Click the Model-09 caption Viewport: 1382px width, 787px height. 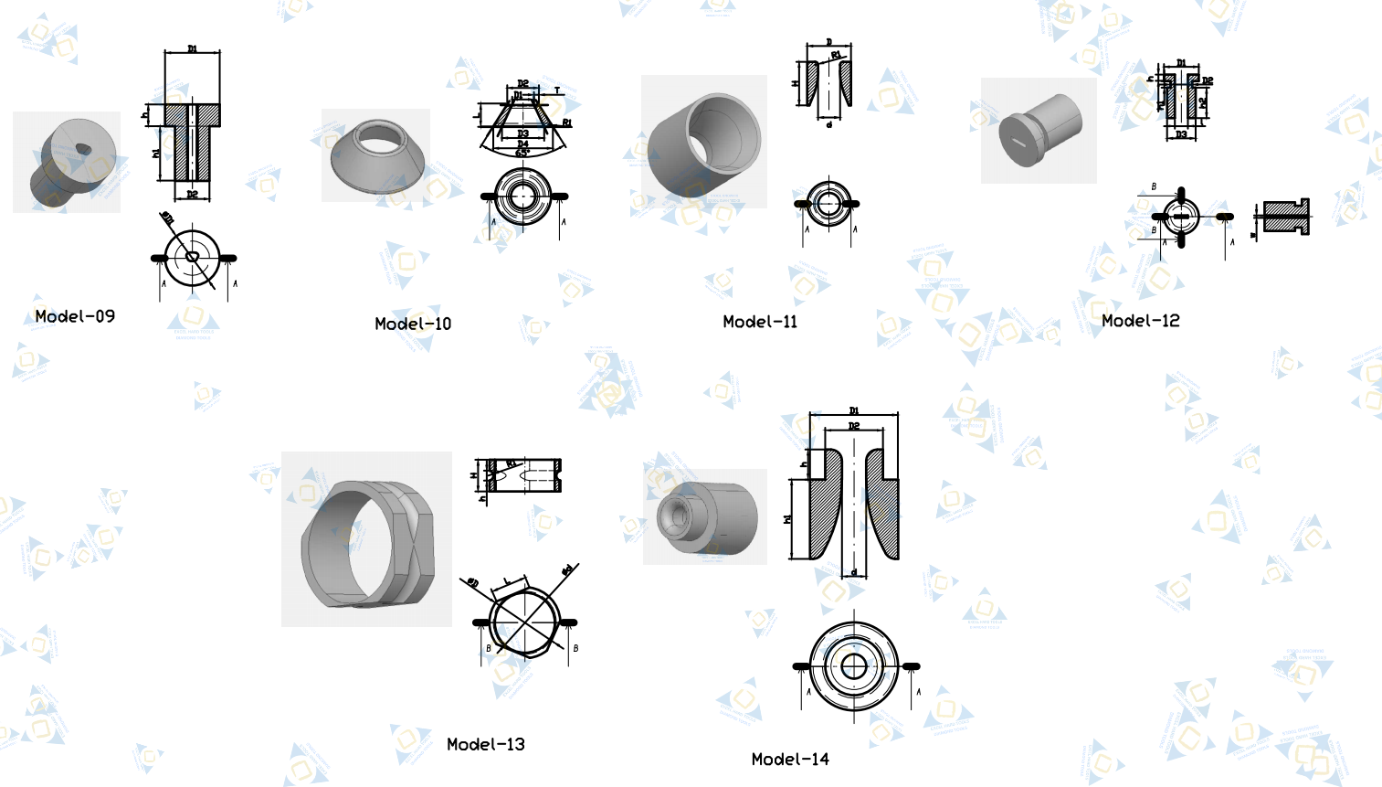75,316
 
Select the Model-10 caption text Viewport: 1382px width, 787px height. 413,324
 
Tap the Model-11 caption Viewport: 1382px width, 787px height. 760,322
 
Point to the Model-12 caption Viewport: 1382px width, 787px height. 1140,321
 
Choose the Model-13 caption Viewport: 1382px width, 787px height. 486,744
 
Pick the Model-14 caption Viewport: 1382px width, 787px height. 790,759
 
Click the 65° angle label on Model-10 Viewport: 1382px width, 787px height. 522,153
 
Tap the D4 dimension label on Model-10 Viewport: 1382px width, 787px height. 522,144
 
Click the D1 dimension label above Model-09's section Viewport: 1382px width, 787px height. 192,48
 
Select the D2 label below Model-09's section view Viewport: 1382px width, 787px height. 192,194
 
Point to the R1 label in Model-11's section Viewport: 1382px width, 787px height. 837,56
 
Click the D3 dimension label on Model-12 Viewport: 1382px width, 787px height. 1181,134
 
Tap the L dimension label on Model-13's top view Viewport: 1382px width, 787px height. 507,581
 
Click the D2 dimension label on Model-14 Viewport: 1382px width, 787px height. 854,426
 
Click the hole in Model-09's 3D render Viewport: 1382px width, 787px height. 83,148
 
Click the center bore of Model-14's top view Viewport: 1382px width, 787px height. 854,666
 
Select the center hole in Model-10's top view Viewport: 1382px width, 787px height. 522,196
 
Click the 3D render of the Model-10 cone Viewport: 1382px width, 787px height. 376,155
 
